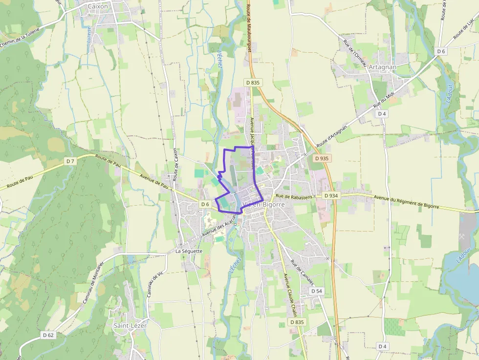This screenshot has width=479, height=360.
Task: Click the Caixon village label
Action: pyautogui.click(x=98, y=6)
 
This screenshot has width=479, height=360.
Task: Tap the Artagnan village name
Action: pyautogui.click(x=383, y=67)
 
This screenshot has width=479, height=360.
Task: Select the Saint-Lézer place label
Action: pyautogui.click(x=130, y=325)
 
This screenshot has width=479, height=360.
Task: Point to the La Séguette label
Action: pyautogui.click(x=189, y=251)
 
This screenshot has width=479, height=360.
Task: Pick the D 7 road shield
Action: pyautogui.click(x=70, y=161)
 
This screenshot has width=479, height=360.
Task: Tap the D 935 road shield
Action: pyautogui.click(x=322, y=158)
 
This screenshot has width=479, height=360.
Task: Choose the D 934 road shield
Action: pyautogui.click(x=331, y=195)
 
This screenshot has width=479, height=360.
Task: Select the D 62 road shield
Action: pyautogui.click(x=48, y=335)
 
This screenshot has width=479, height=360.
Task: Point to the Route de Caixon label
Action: pyautogui.click(x=174, y=164)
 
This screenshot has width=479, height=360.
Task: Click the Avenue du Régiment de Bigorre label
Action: pyautogui.click(x=406, y=202)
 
